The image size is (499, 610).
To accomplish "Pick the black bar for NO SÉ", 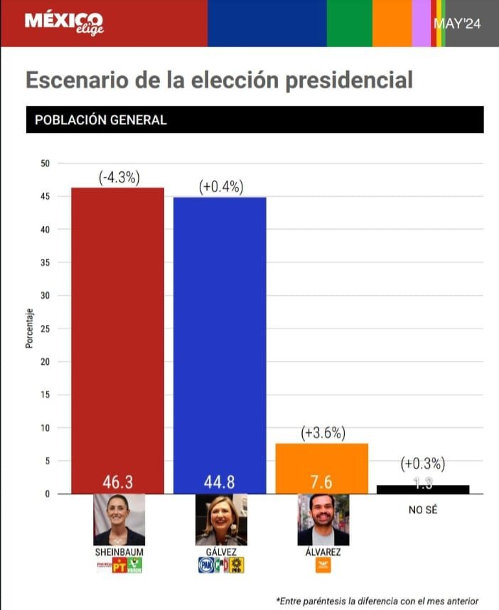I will [423, 489].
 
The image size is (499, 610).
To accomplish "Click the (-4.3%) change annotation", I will [119, 178].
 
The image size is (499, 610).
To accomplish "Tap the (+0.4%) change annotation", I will [221, 187].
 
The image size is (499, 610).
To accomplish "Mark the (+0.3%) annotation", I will [423, 464].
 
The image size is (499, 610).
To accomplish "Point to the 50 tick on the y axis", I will [45, 164].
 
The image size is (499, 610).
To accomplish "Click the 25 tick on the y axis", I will [45, 328].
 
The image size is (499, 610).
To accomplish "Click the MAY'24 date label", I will [457, 23].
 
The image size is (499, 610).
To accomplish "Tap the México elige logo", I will [64, 23].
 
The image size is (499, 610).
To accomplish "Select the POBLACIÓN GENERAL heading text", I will [100, 120].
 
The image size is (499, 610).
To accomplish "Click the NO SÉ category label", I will [422, 509].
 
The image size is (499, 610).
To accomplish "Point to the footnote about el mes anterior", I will [377, 600].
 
